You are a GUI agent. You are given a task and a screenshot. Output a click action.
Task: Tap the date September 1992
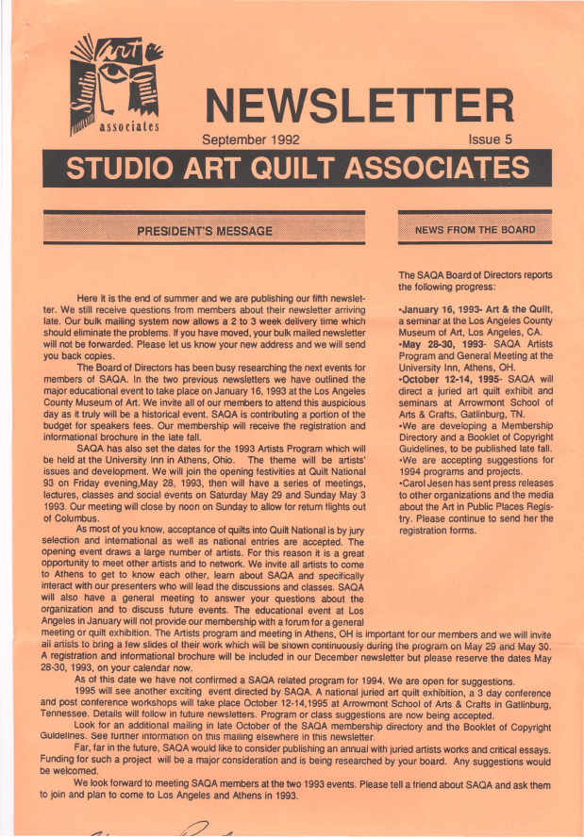click(x=251, y=139)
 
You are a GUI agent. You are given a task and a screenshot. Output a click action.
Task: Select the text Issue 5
click(x=490, y=139)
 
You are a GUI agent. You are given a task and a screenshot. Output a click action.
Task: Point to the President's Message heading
click(x=205, y=230)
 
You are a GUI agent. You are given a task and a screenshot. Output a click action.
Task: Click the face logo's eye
click(x=122, y=73)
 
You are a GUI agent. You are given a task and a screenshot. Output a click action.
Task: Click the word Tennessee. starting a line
click(x=71, y=714)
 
